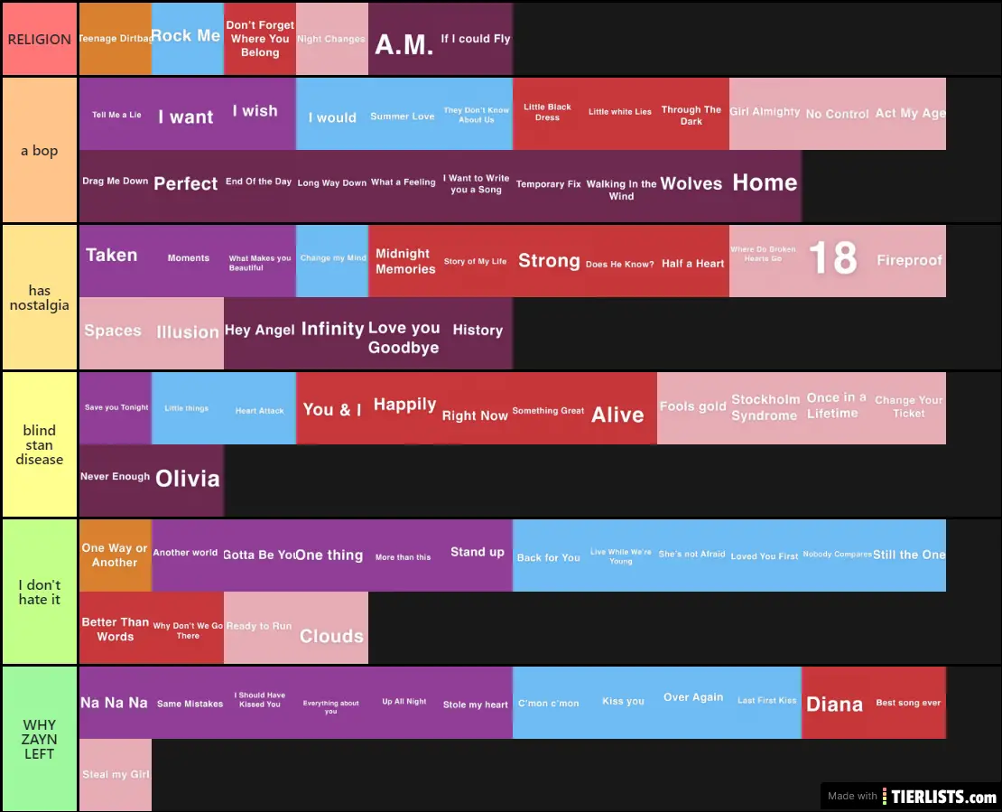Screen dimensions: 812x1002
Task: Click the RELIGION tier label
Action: click(x=39, y=40)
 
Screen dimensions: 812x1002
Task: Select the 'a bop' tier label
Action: click(x=39, y=150)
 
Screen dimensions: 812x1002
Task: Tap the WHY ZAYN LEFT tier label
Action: click(x=39, y=739)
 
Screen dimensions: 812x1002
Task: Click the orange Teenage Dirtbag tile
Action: click(x=115, y=39)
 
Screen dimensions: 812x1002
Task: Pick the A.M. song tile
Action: click(x=404, y=43)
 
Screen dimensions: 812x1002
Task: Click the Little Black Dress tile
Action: click(x=548, y=113)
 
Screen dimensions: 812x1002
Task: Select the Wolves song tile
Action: click(x=691, y=185)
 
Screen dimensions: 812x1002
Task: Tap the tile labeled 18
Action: click(x=832, y=259)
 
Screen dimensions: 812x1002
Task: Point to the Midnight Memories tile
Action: click(x=404, y=261)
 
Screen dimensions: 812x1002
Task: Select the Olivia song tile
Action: click(x=188, y=479)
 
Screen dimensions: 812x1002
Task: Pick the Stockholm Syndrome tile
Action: click(x=765, y=407)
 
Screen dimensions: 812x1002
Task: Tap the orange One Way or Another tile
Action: click(x=115, y=555)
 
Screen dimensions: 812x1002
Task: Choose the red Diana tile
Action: click(x=835, y=704)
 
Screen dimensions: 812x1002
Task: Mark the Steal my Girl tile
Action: click(x=115, y=774)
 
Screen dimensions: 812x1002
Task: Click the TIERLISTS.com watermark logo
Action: click(x=943, y=796)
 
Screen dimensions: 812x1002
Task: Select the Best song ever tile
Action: click(x=908, y=703)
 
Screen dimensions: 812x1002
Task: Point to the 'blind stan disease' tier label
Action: click(x=39, y=444)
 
